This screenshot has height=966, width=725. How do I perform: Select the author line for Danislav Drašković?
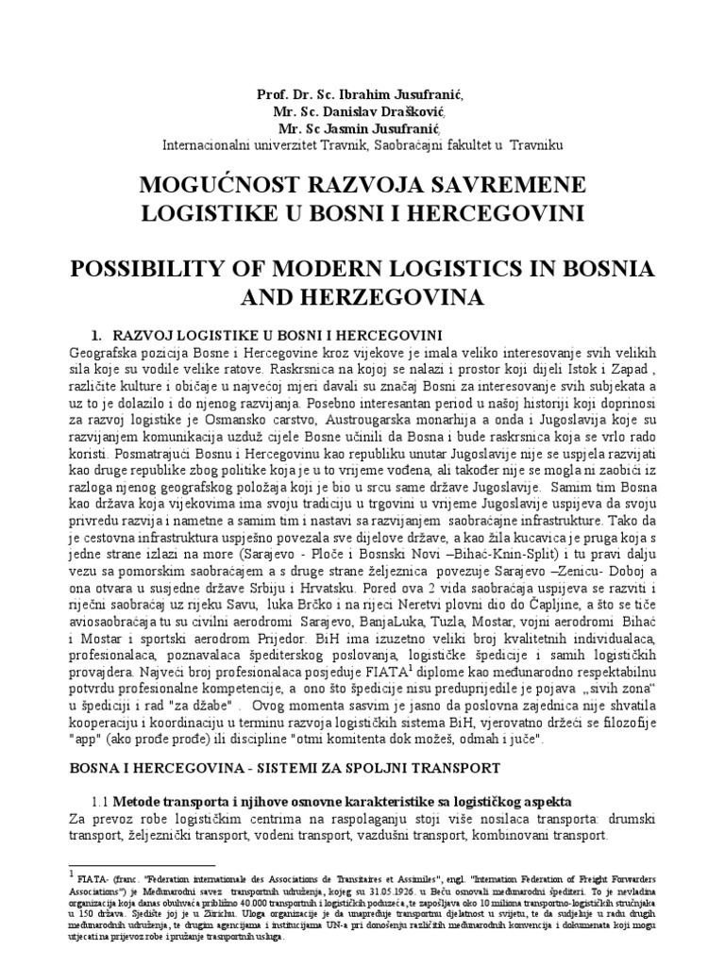pyautogui.click(x=362, y=111)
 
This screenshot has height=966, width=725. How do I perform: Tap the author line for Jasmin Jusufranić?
pyautogui.click(x=362, y=128)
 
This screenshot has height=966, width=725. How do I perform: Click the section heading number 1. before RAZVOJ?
pyautogui.click(x=94, y=338)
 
